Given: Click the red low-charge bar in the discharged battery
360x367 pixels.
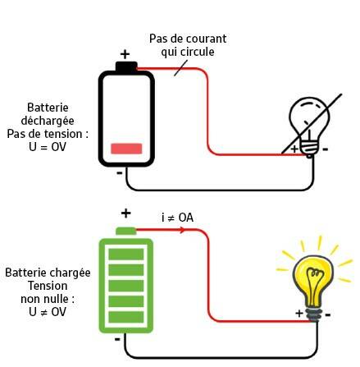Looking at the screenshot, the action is click(x=126, y=149).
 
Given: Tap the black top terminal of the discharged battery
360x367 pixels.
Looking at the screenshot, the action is click(x=126, y=67).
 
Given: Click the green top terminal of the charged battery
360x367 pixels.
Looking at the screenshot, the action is click(x=126, y=232).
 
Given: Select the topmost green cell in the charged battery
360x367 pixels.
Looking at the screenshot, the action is click(x=126, y=255).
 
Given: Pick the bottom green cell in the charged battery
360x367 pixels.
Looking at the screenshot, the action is click(x=126, y=317).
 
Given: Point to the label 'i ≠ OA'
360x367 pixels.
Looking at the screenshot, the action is click(x=177, y=218).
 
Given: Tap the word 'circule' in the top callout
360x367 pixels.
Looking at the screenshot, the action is click(x=196, y=52).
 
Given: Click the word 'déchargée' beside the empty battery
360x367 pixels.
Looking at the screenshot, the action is click(x=48, y=121).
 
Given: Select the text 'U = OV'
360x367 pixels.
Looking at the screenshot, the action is click(x=48, y=147).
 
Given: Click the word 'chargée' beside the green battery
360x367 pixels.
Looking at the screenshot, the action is click(x=70, y=273).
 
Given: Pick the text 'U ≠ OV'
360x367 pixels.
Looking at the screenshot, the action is click(x=48, y=312).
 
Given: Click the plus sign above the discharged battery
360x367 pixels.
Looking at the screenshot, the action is click(x=125, y=54).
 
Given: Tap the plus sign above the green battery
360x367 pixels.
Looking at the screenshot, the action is click(x=125, y=213).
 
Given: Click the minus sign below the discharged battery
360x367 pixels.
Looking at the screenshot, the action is click(x=120, y=173).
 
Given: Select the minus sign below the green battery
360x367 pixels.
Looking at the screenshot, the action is click(x=117, y=339).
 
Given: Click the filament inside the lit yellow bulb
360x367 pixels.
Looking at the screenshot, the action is click(x=313, y=285).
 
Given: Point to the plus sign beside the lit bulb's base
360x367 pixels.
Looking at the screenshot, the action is click(x=299, y=313).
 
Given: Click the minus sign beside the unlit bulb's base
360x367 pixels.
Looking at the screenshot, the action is click(x=326, y=149).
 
